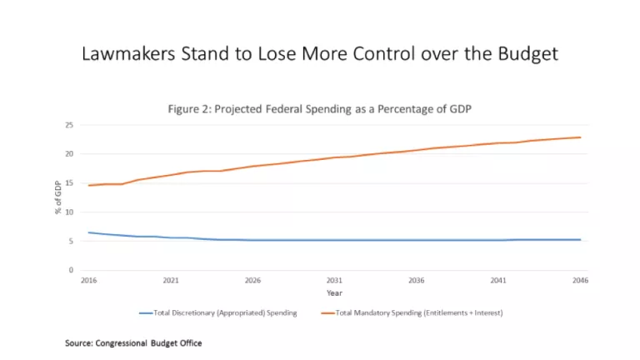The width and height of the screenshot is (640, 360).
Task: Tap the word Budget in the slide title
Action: click(522, 54)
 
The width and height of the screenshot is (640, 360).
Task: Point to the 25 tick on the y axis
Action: click(70, 125)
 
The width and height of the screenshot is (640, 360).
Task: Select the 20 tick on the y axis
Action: click(70, 154)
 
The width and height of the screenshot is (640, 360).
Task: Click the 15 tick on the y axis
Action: click(70, 183)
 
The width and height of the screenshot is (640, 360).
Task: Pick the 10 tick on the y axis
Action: click(70, 212)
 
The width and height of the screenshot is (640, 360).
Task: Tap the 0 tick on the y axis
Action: click(72, 270)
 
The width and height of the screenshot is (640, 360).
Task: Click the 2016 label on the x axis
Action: click(88, 281)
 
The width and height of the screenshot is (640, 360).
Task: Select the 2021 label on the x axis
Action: click(170, 281)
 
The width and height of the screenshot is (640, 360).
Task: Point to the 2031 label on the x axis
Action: click(334, 281)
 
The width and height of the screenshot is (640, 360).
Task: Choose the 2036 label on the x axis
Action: click(417, 281)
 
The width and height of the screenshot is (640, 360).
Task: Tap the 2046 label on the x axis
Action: click(580, 281)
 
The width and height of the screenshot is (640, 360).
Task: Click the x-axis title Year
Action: click(334, 292)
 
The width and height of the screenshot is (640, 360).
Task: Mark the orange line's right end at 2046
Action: click(580, 137)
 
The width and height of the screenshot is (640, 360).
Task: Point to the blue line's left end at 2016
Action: click(88, 232)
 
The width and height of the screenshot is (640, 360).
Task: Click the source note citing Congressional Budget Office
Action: click(134, 342)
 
